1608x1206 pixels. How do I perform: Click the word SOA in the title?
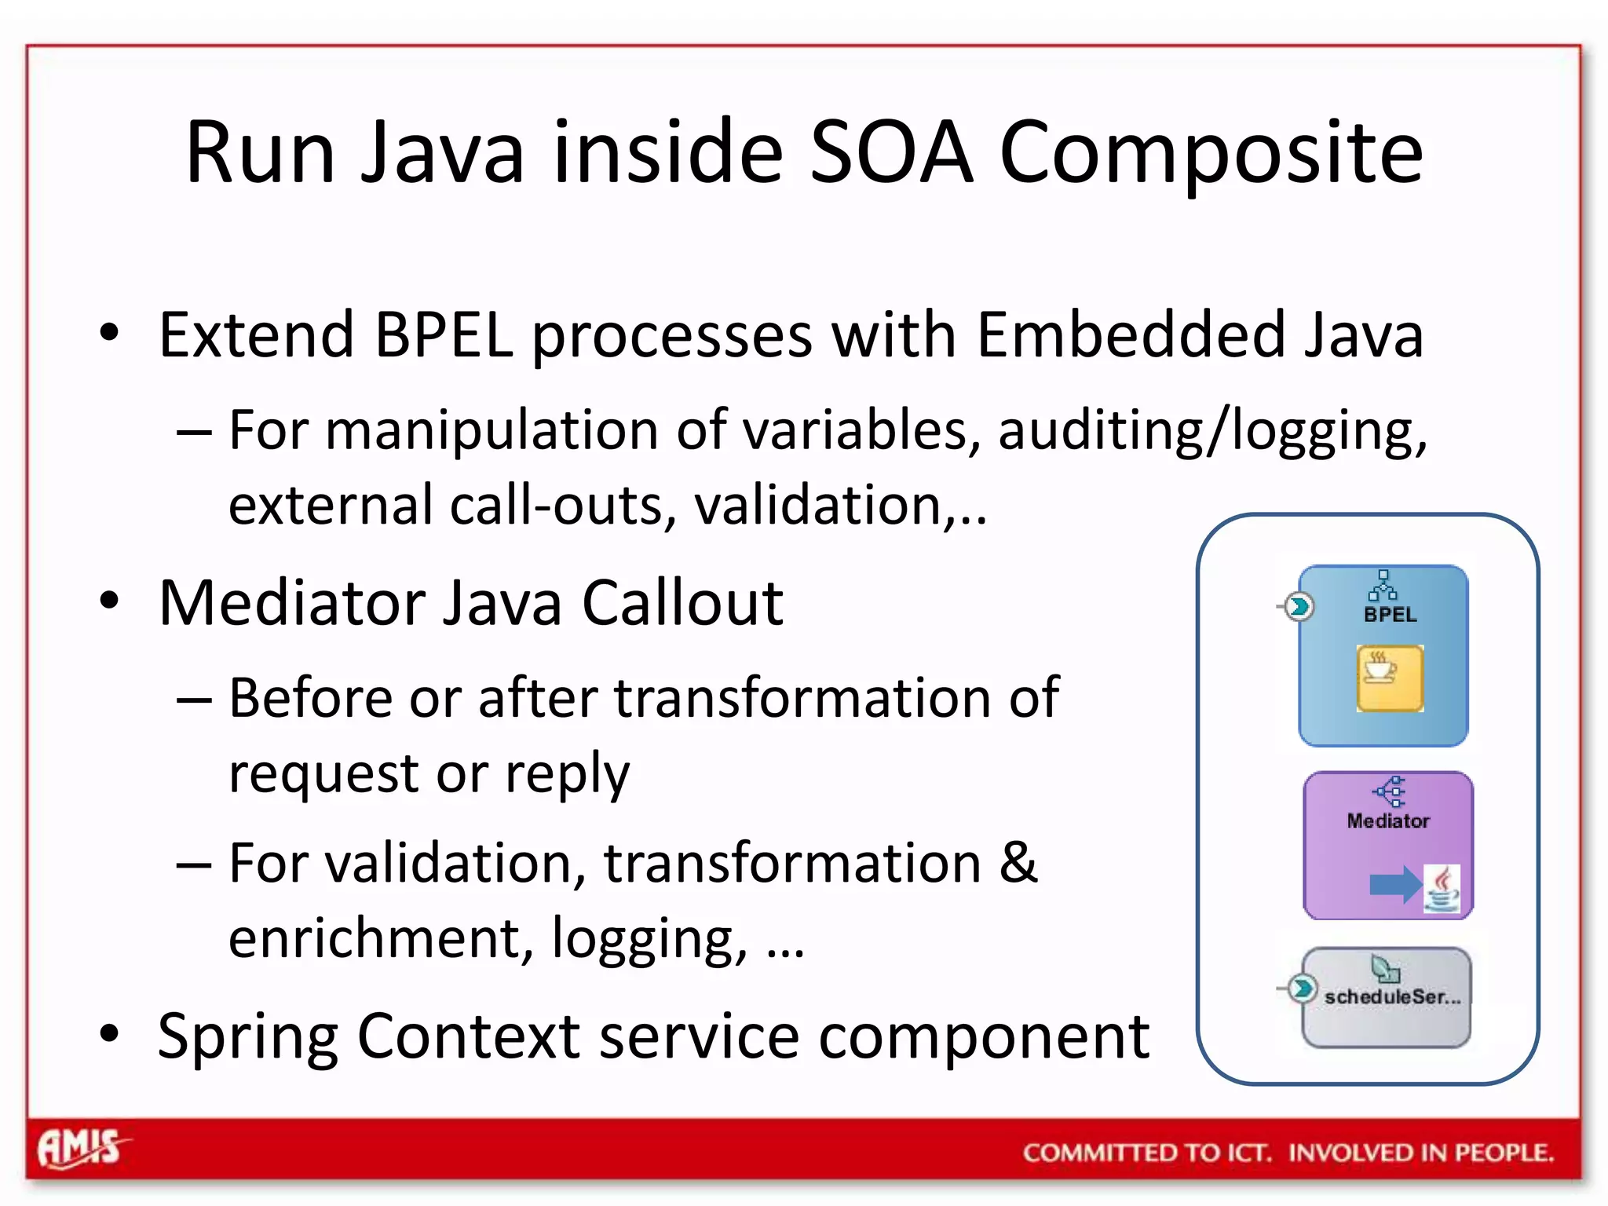tap(890, 152)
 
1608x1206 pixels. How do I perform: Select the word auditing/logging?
tap(1211, 431)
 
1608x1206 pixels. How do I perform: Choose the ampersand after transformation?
tap(1018, 863)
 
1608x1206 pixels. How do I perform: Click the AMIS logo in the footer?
tap(81, 1149)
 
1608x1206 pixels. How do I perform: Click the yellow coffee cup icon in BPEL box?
tap(1389, 678)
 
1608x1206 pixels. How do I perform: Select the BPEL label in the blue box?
tap(1390, 615)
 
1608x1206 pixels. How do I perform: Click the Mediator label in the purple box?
tap(1387, 820)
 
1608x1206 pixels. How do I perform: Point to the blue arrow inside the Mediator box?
tap(1394, 885)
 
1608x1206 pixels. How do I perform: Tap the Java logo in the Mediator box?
tap(1442, 889)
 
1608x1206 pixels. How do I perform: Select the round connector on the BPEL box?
tap(1299, 606)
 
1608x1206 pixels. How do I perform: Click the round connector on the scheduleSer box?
tap(1302, 989)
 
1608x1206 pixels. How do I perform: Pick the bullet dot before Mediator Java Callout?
tap(109, 601)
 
